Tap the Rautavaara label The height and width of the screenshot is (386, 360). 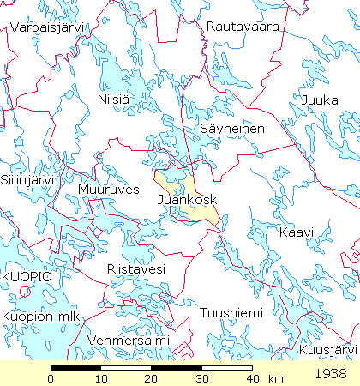[x=243, y=27]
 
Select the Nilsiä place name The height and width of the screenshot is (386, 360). [x=114, y=100]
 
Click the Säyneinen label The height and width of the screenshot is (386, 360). [x=232, y=129]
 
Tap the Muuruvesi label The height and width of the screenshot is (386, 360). [x=109, y=190]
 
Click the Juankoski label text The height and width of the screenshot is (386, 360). [x=189, y=200]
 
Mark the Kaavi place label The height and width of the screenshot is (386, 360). [x=297, y=232]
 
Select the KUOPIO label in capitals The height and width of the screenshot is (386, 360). [x=27, y=277]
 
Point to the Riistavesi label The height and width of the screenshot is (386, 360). [x=135, y=269]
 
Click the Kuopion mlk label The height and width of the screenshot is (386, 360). [x=40, y=317]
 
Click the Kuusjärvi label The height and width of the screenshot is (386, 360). [x=327, y=351]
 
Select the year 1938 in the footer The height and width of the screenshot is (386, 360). [x=330, y=374]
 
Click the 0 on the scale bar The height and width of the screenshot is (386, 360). [x=51, y=378]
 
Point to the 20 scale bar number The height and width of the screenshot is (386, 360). [x=152, y=378]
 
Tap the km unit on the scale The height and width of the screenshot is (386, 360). [x=275, y=378]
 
